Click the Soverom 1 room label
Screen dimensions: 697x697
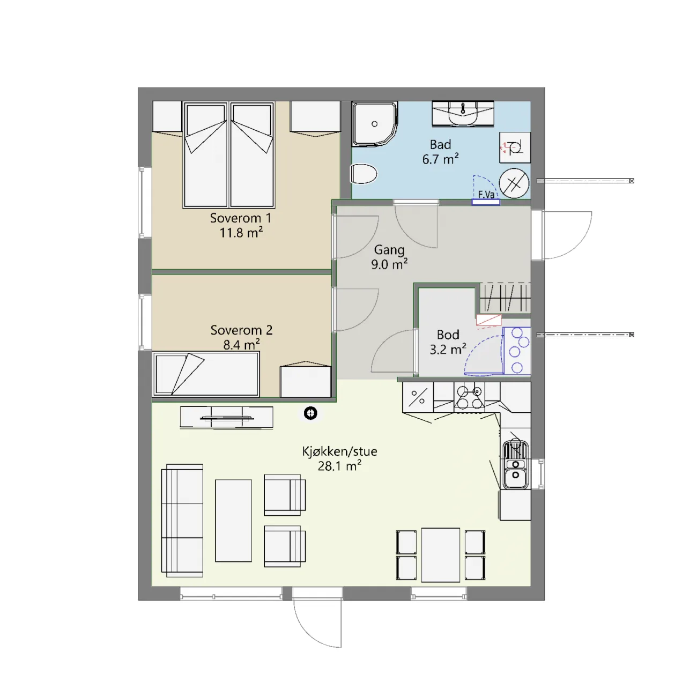240,218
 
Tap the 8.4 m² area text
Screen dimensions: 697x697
241,345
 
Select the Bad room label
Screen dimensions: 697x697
440,145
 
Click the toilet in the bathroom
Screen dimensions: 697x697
364,174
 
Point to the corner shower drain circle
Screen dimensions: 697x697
375,124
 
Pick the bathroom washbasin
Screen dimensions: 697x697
463,113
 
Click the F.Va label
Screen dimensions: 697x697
486,195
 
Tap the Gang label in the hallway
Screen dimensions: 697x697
389,250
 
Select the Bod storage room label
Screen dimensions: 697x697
448,335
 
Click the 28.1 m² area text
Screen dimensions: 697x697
339,466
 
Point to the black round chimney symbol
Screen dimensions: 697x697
310,413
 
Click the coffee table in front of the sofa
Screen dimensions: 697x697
233,521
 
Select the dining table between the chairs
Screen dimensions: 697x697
441,555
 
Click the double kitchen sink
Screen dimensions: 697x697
516,465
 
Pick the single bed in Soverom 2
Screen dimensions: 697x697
206,374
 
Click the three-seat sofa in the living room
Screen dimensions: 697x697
182,521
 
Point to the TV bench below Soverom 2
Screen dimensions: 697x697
226,417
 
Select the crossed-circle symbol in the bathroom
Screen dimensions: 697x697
514,183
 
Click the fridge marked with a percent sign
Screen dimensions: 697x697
418,397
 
